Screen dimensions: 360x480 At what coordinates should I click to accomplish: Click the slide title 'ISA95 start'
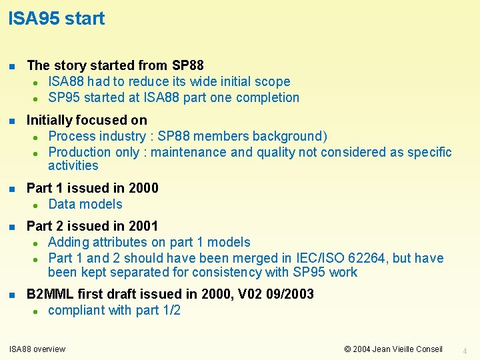click(x=57, y=19)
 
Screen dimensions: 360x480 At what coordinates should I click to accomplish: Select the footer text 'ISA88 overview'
click(x=37, y=349)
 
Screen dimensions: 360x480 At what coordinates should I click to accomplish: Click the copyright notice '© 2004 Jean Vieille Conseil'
click(x=393, y=349)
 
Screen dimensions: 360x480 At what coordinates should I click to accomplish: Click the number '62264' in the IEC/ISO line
click(x=358, y=258)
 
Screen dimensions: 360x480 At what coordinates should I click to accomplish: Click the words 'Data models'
click(x=85, y=204)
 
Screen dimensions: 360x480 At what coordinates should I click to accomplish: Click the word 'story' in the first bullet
click(x=71, y=65)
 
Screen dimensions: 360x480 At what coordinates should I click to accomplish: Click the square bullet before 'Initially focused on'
click(x=12, y=121)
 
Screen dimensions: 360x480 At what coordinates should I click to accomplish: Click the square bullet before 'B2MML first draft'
click(x=12, y=295)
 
